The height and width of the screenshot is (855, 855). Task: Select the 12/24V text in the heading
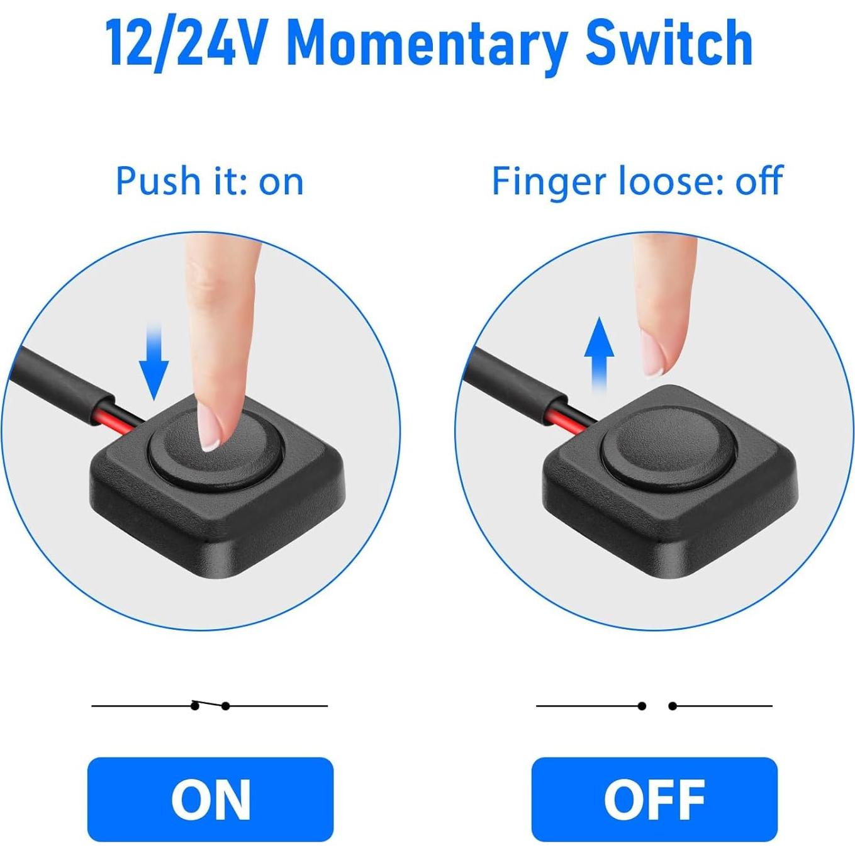185,44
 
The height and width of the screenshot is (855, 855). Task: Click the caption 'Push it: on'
210,182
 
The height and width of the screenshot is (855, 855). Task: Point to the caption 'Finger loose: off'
637,182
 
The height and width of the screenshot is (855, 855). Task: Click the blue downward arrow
154,362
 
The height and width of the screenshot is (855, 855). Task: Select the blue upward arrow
599,352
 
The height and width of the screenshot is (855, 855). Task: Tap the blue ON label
210,799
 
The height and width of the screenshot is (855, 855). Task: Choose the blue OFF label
654,799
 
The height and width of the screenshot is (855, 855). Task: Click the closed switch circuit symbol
210,705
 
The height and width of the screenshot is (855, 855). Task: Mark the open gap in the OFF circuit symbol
657,706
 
